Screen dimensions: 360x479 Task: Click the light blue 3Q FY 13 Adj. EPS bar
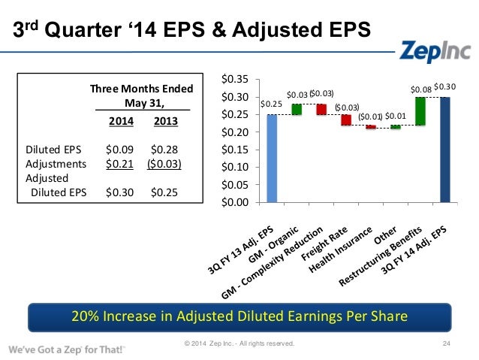point(272,159)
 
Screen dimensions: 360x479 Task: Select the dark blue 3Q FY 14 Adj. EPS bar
point(446,150)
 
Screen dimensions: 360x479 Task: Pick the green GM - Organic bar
point(297,110)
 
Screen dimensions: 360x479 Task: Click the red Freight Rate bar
point(346,119)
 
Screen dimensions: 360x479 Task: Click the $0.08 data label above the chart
point(421,89)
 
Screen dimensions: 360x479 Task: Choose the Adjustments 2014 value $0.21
point(120,162)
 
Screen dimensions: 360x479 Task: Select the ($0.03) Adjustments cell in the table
point(164,162)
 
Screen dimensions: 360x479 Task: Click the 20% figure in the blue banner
point(83,316)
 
